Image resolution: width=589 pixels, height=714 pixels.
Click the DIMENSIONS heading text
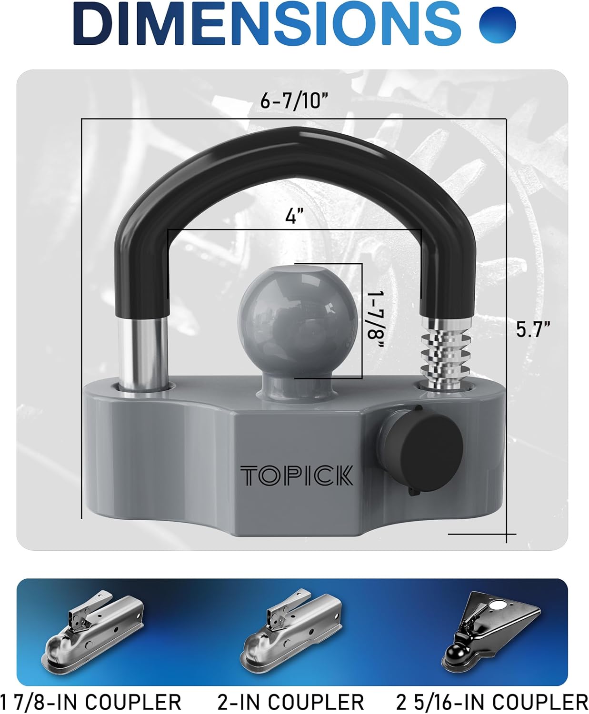pyautogui.click(x=267, y=24)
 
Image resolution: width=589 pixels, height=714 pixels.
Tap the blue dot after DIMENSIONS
pyautogui.click(x=497, y=24)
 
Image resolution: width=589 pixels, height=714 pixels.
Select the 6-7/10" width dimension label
pyautogui.click(x=294, y=100)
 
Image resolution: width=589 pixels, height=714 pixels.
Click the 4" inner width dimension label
pyautogui.click(x=294, y=216)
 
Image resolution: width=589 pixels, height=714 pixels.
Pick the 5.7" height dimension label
pyautogui.click(x=533, y=329)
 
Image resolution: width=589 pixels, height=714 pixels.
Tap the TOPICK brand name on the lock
pyautogui.click(x=297, y=476)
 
